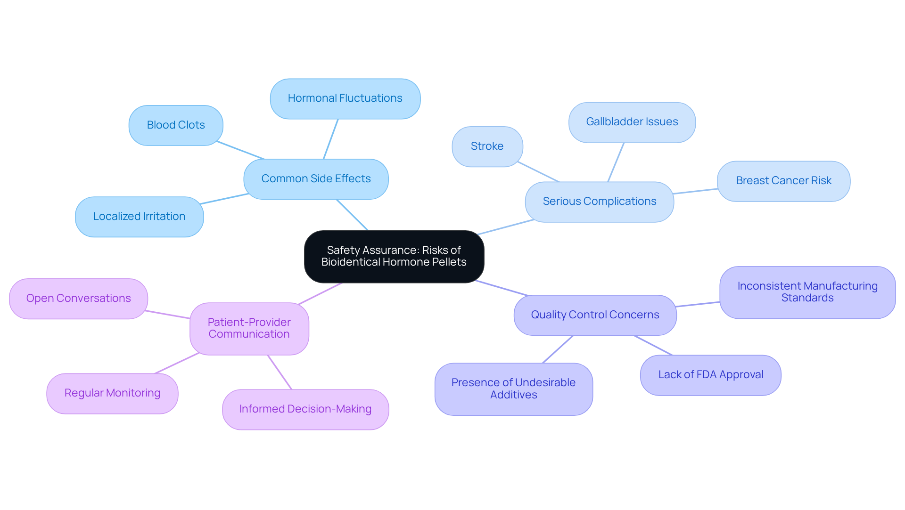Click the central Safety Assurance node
pyautogui.click(x=394, y=257)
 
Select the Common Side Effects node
pyautogui.click(x=316, y=179)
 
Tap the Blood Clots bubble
pyautogui.click(x=176, y=125)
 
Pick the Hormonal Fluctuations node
pyautogui.click(x=345, y=98)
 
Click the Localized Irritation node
pyautogui.click(x=139, y=217)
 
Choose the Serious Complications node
pyautogui.click(x=599, y=202)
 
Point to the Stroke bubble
pyautogui.click(x=487, y=146)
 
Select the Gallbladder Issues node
pyautogui.click(x=632, y=122)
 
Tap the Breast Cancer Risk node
pyautogui.click(x=783, y=181)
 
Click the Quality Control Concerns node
pyautogui.click(x=595, y=315)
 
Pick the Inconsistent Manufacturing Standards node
pyautogui.click(x=807, y=292)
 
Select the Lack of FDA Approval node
pyautogui.click(x=710, y=375)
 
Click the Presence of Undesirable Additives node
pyautogui.click(x=513, y=389)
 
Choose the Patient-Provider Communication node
pyautogui.click(x=249, y=328)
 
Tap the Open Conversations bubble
pyautogui.click(x=78, y=299)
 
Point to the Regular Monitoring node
pyautogui.click(x=112, y=393)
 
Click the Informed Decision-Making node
pyautogui.click(x=305, y=409)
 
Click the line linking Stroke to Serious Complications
pyautogui.click(x=538, y=172)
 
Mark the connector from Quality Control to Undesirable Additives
pyautogui.click(x=558, y=349)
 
